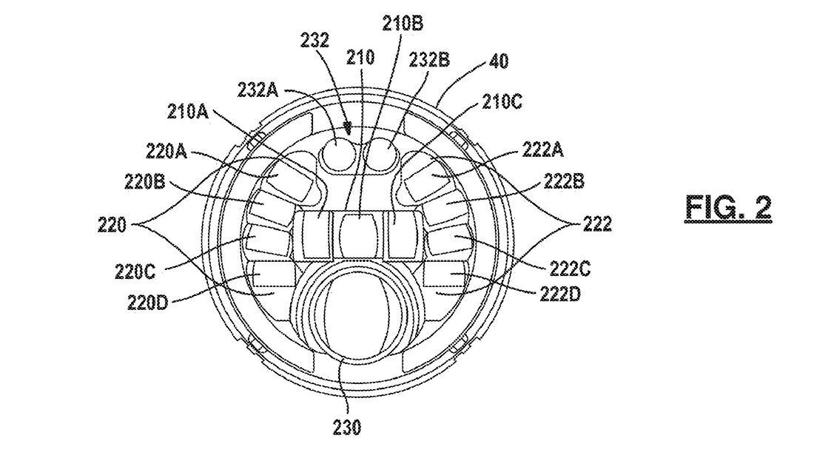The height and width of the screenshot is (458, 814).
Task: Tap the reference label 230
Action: (x=346, y=427)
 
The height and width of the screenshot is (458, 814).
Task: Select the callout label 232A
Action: (x=258, y=90)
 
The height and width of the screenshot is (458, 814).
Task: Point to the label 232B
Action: (x=429, y=60)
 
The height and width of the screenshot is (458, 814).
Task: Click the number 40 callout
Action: (x=499, y=61)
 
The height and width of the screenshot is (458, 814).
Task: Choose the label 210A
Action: (x=187, y=112)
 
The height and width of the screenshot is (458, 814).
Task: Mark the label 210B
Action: (x=403, y=24)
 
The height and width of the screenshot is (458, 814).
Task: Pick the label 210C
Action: (x=502, y=102)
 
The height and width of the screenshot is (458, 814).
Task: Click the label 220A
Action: (x=166, y=151)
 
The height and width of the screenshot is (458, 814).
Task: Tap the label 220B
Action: (x=144, y=182)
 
